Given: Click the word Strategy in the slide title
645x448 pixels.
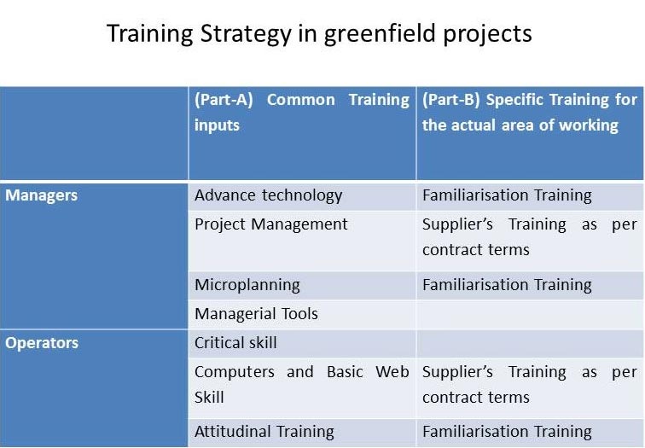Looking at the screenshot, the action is pyautogui.click(x=246, y=34).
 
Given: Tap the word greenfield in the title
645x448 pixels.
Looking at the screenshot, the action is pyautogui.click(x=380, y=34).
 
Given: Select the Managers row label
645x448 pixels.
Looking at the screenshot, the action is pyautogui.click(x=41, y=195).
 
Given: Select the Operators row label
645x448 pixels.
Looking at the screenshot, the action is pyautogui.click(x=42, y=343).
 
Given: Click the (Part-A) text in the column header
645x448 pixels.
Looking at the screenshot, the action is pyautogui.click(x=224, y=100).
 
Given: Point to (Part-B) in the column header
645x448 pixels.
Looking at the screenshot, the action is pyautogui.click(x=450, y=100).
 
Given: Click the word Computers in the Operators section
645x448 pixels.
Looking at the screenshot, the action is pyautogui.click(x=235, y=372).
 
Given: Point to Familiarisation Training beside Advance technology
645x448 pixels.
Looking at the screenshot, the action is pyautogui.click(x=507, y=195).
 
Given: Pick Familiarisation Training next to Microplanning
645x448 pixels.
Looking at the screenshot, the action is pyautogui.click(x=507, y=285).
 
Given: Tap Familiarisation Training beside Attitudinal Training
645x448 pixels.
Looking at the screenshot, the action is pyautogui.click(x=507, y=432).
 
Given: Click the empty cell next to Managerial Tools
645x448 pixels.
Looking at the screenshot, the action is pyautogui.click(x=530, y=314).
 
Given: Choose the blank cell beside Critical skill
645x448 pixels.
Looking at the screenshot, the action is pyautogui.click(x=530, y=344).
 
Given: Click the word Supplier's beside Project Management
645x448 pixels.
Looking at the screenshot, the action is pyautogui.click(x=457, y=224).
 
